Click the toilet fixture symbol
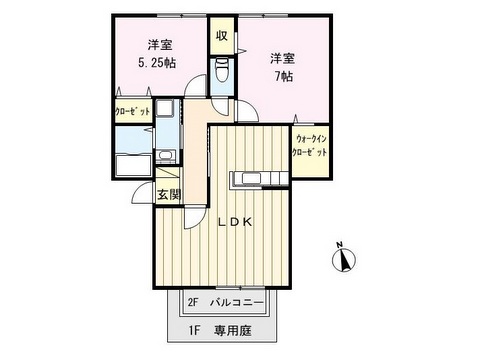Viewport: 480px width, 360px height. click(222, 70)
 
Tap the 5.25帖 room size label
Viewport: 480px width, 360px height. click(157, 63)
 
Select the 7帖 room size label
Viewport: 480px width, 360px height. click(284, 77)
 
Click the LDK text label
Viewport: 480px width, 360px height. click(235, 222)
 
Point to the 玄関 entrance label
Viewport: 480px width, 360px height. click(169, 194)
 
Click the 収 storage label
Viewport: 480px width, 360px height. click(222, 36)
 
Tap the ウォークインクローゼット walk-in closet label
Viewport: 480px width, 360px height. click(309, 145)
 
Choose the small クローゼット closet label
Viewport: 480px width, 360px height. click(133, 112)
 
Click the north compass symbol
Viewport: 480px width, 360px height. click(344, 260)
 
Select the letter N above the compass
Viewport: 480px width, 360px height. click(339, 245)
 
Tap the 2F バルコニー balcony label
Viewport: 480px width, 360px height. click(226, 303)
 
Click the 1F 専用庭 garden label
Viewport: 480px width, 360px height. click(221, 331)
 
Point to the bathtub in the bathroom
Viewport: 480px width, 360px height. click(134, 166)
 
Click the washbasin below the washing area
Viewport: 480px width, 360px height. click(165, 155)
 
